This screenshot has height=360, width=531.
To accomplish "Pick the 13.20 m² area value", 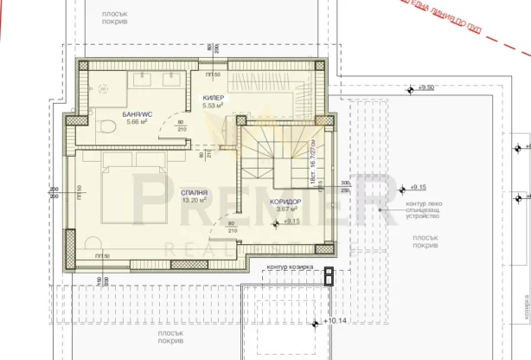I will [x=194, y=199].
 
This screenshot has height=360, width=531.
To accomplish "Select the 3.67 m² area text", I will [x=286, y=209].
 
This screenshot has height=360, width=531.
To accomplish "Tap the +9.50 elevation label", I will [x=424, y=88].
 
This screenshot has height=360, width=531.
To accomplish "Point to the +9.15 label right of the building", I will [x=419, y=187].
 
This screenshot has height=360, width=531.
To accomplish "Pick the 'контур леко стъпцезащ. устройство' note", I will [x=421, y=209].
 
